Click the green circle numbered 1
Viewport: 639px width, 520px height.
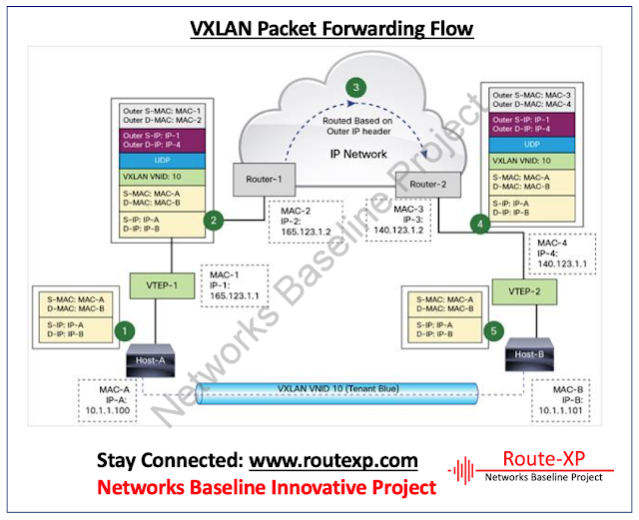tap(124, 328)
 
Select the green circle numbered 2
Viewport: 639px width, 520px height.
tap(212, 220)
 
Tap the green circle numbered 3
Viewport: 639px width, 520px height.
tap(355, 88)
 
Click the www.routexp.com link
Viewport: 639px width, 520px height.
tap(332, 461)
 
